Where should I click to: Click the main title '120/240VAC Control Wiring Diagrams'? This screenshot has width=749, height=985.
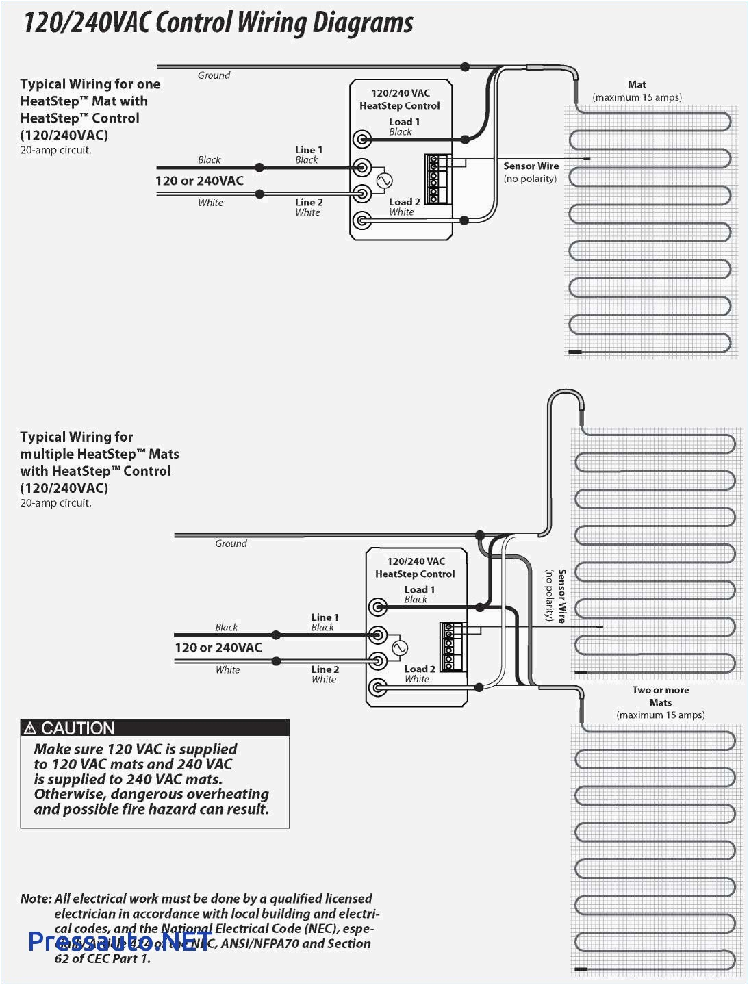pos(218,23)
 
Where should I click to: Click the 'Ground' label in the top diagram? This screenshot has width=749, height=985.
pos(214,75)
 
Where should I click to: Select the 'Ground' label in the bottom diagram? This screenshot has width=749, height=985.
pos(231,543)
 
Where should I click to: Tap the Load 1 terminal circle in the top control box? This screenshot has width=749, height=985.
pos(361,140)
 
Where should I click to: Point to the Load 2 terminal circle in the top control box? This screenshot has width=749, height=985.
pos(361,220)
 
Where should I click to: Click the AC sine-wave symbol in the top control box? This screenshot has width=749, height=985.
pos(384,181)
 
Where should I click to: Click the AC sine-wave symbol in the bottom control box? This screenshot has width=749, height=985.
pos(399,648)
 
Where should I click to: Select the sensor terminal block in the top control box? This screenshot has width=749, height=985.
pos(436,179)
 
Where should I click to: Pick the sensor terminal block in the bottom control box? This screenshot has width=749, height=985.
pos(451,647)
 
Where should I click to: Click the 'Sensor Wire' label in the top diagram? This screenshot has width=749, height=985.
pos(531,166)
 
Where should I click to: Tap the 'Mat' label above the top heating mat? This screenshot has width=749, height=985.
pos(637,85)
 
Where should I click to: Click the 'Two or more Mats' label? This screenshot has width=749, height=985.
pos(660,696)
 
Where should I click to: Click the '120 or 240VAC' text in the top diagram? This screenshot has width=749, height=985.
pos(199,181)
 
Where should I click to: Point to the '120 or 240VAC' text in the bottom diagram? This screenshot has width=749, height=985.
pos(218,648)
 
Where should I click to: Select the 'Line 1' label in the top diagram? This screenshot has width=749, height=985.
pos(308,150)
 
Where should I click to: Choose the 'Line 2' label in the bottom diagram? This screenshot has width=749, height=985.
pos(325,669)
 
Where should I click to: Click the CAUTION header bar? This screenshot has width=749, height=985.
pos(155,728)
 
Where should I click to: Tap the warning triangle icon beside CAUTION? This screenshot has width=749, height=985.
pos(30,728)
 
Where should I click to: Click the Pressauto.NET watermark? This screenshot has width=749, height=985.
pos(120,942)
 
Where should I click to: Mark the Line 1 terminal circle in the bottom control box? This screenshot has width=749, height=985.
pos(377,635)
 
